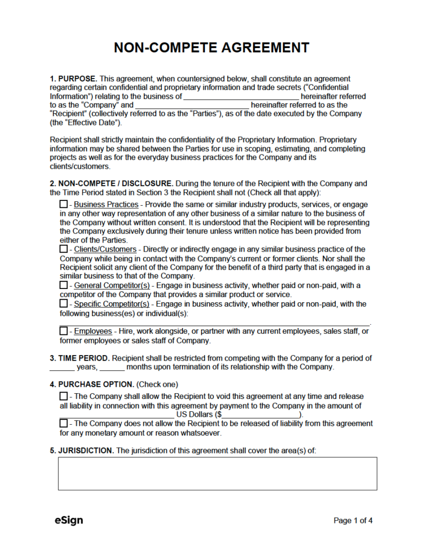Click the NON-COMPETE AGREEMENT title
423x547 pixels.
click(x=211, y=48)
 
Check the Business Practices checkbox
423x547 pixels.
click(x=64, y=205)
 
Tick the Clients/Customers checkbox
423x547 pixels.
click(x=64, y=249)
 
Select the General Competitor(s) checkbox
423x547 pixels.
click(x=64, y=286)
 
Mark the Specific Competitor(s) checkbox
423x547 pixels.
click(x=64, y=304)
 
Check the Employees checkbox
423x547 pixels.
click(x=64, y=332)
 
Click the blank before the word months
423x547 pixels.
click(x=112, y=368)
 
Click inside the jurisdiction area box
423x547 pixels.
click(x=217, y=473)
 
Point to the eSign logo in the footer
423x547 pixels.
click(x=68, y=520)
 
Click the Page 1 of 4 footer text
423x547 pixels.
click(x=353, y=520)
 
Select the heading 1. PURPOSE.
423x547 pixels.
click(x=73, y=79)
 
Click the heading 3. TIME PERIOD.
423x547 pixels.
click(x=80, y=358)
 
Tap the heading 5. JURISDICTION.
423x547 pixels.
click(x=82, y=451)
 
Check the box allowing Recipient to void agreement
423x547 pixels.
click(x=64, y=396)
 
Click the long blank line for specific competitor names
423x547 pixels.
click(x=214, y=323)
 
